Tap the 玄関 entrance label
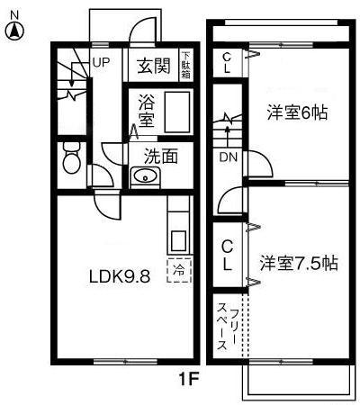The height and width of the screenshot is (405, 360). point(155,66)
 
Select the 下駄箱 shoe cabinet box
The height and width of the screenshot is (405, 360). point(185,65)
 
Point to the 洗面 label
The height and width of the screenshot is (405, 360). point(162,154)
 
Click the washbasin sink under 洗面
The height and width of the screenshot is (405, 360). point(144,177)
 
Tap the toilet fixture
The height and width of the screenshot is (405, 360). point(71,163)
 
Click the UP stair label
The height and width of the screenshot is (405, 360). point(101,62)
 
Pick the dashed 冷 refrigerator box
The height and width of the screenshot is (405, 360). point(179,268)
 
